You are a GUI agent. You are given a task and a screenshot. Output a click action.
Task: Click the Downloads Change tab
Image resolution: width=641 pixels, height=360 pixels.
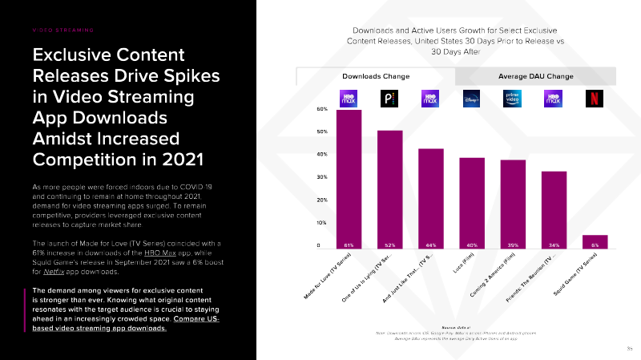click(x=376, y=76)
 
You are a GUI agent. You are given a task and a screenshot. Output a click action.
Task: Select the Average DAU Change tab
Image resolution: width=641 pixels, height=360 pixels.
click(x=535, y=76)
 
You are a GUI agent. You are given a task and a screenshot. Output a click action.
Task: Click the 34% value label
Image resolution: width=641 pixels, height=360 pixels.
click(x=554, y=245)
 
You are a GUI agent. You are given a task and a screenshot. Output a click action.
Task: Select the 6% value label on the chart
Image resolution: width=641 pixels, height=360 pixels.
click(x=595, y=245)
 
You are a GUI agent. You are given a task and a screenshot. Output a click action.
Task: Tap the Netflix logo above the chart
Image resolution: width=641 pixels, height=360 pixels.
click(x=595, y=99)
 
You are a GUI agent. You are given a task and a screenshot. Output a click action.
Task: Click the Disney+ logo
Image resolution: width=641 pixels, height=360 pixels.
click(x=472, y=99)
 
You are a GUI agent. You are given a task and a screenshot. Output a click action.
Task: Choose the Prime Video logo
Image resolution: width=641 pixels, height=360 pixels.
click(x=513, y=99)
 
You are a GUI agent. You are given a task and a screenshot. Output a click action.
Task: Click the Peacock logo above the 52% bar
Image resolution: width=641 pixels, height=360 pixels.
click(x=390, y=99)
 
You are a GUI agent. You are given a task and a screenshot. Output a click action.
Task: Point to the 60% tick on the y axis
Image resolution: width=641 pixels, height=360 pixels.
click(x=321, y=108)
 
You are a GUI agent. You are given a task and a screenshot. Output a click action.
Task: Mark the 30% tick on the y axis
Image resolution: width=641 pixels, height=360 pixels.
click(x=321, y=177)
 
